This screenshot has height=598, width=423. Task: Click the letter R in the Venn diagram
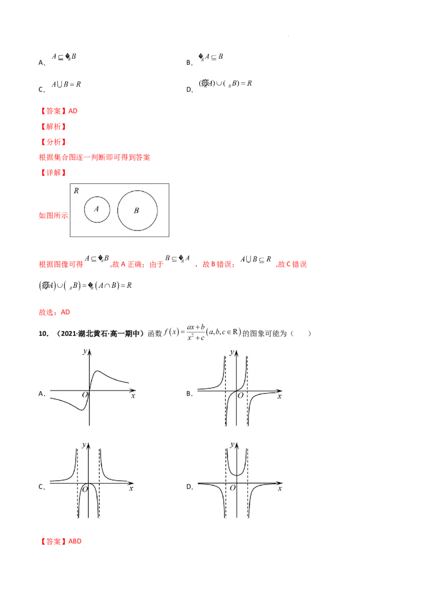click(x=77, y=191)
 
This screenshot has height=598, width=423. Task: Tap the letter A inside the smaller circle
click(x=96, y=209)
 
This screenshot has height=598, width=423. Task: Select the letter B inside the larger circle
click(x=136, y=211)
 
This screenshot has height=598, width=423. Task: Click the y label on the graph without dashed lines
click(x=84, y=351)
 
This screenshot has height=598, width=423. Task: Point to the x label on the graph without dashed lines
click(x=133, y=395)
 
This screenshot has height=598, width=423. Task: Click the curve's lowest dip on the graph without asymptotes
click(x=79, y=409)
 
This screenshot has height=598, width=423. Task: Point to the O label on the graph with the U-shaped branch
click(x=232, y=489)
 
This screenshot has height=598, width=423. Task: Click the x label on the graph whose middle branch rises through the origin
click(x=279, y=396)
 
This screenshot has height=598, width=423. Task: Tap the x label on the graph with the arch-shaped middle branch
click(x=131, y=489)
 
